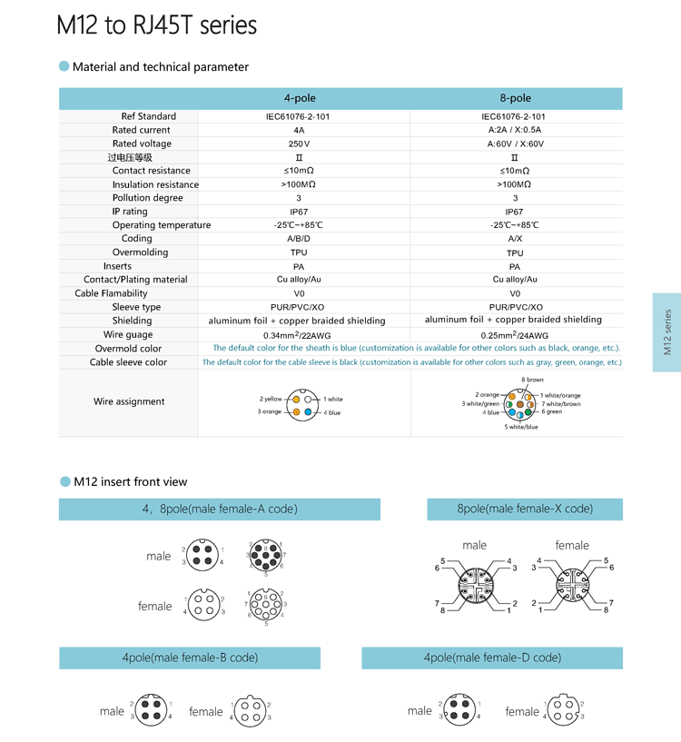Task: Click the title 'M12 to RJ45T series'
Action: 156,25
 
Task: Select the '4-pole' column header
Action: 300,98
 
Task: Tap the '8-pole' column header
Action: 515,98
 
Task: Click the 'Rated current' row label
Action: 141,130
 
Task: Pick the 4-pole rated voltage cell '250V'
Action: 299,143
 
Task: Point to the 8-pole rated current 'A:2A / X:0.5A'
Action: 515,130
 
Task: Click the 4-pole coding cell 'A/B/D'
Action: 299,239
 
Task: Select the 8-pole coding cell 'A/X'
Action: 515,239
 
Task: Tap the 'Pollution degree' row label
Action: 147,198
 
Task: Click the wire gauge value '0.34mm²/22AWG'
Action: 298,334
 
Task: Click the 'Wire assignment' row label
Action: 129,401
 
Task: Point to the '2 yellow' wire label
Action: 271,399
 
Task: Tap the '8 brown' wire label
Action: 532,380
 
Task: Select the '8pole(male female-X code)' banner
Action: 525,509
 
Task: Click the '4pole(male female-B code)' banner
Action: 190,658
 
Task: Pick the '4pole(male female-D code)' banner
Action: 491,658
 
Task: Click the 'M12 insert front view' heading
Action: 130,481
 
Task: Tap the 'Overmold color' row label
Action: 128,348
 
